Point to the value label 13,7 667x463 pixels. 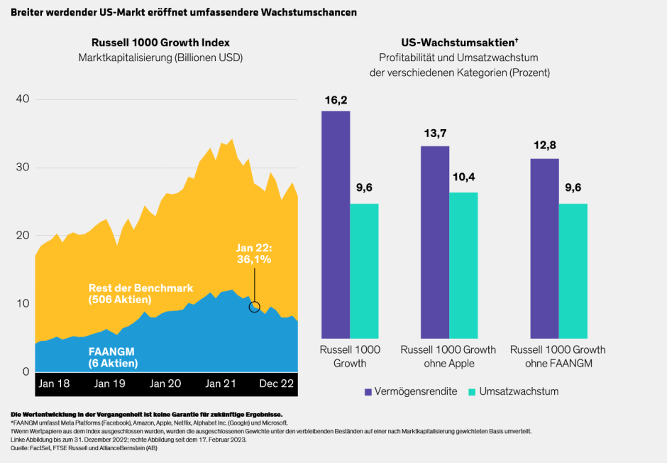434,134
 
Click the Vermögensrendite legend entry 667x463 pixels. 411,391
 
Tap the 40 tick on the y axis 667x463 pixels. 22,99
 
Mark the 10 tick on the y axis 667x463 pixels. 22,304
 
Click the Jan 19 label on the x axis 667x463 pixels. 110,383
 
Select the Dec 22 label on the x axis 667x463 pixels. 275,383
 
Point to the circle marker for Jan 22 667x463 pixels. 255,307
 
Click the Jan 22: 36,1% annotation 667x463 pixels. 253,254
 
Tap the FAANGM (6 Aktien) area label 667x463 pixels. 114,357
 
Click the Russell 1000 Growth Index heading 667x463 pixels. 160,43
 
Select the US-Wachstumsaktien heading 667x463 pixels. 458,43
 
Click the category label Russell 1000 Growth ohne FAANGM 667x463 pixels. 558,356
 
